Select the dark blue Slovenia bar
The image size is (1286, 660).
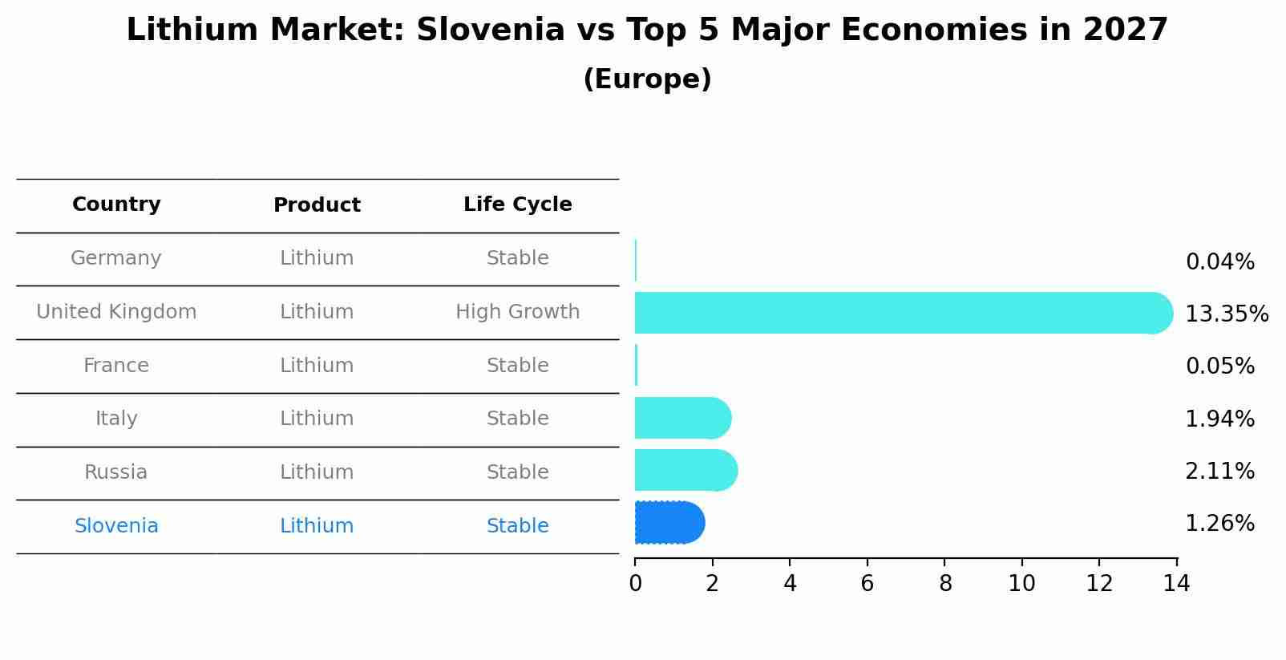pyautogui.click(x=669, y=523)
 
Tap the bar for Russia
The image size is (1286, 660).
pyautogui.click(x=685, y=470)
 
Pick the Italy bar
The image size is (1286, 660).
pyautogui.click(x=682, y=418)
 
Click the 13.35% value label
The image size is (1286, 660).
pyautogui.click(x=1226, y=314)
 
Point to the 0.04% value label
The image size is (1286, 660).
pyautogui.click(x=1219, y=262)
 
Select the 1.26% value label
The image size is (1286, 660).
pyautogui.click(x=1219, y=524)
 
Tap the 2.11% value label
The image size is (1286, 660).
pyautogui.click(x=1219, y=471)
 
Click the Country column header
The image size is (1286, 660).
pyautogui.click(x=116, y=204)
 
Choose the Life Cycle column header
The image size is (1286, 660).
pyautogui.click(x=517, y=204)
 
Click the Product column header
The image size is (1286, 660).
pyautogui.click(x=317, y=205)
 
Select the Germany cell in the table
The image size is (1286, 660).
pyautogui.click(x=116, y=258)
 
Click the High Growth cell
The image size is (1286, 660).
pyautogui.click(x=517, y=312)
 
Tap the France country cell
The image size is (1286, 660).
pyautogui.click(x=116, y=366)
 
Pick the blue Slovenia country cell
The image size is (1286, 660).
pyautogui.click(x=116, y=526)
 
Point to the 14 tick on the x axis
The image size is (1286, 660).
pyautogui.click(x=1176, y=584)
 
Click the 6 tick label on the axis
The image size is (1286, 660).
pyautogui.click(x=867, y=584)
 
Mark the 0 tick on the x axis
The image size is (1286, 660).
pyautogui.click(x=635, y=584)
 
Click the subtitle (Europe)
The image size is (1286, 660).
pyautogui.click(x=647, y=79)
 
